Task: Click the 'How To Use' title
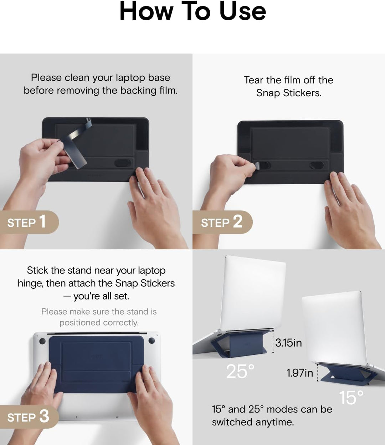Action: pos(192,11)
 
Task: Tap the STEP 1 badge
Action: pos(29,222)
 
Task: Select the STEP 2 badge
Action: pos(222,222)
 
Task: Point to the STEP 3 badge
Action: pos(29,417)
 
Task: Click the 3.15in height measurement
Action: pos(288,343)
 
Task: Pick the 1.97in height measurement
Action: pos(299,373)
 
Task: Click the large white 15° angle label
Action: pos(351,398)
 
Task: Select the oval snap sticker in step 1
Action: pos(123,163)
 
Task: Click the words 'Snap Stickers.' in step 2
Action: pos(289,93)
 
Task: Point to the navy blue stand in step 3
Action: pos(96,364)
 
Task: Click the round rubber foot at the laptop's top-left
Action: pos(42,341)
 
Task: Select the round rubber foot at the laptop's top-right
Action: pos(152,341)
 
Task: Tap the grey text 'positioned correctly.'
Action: pos(99,323)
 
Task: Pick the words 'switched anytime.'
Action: pos(253,422)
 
